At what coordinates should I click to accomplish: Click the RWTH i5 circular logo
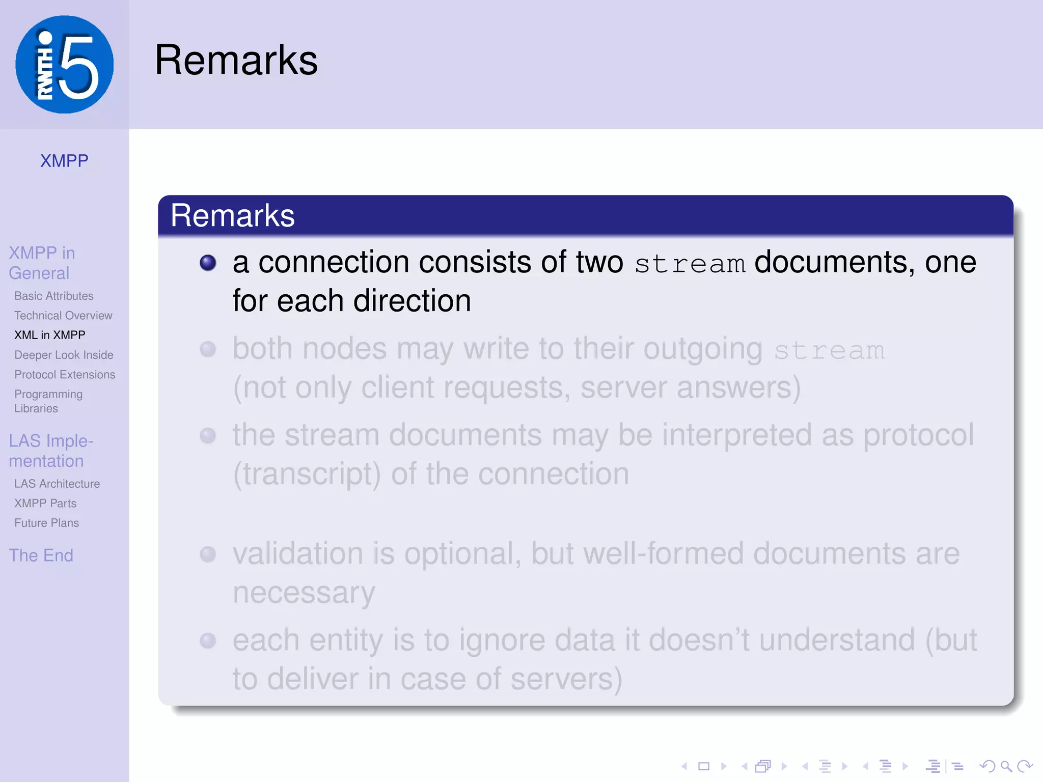point(65,65)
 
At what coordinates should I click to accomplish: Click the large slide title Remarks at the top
point(236,60)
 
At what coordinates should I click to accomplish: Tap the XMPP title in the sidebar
point(64,161)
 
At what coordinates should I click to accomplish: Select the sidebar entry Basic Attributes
point(54,296)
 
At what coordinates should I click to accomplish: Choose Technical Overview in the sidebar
point(63,316)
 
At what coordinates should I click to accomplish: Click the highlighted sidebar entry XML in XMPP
point(50,335)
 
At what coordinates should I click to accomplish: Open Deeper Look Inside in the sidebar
point(64,355)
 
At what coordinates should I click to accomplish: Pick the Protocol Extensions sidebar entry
point(65,375)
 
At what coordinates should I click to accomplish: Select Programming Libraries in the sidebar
point(48,401)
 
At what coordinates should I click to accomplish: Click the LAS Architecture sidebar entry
point(57,484)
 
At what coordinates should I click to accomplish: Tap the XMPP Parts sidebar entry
point(45,504)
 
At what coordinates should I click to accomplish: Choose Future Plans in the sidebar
point(46,523)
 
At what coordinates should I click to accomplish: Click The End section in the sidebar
point(41,555)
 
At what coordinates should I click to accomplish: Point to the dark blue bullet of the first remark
point(208,263)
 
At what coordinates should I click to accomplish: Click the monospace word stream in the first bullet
point(690,264)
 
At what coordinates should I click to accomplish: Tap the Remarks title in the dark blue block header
point(232,215)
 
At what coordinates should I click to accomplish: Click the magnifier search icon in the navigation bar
point(1006,766)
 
